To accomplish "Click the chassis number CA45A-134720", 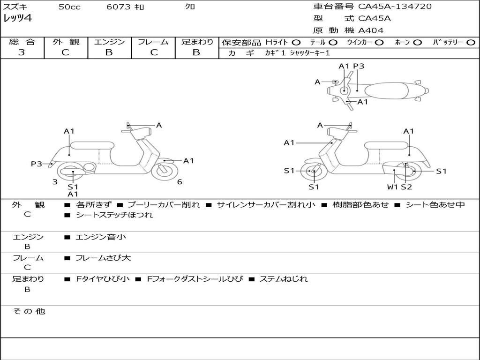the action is pos(395,7).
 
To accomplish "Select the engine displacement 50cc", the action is pos(69,7).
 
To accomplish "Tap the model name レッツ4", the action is pos(17,19).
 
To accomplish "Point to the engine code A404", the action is pos(371,30).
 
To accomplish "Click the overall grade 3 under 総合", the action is pos(22,52).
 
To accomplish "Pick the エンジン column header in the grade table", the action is pos(109,42).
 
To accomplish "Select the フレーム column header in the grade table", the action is pos(153,42).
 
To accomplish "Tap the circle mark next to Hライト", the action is pos(296,42).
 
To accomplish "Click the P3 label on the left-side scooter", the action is pos(37,164).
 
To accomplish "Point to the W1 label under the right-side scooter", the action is pos(392,187).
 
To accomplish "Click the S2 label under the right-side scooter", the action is pos(406,187).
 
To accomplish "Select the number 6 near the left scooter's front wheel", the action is pos(180,182).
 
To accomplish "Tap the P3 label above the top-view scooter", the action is pos(359,66).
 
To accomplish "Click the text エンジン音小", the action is pos(101,237).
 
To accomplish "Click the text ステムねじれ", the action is pos(284,279).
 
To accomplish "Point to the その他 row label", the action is pos(29,311).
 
